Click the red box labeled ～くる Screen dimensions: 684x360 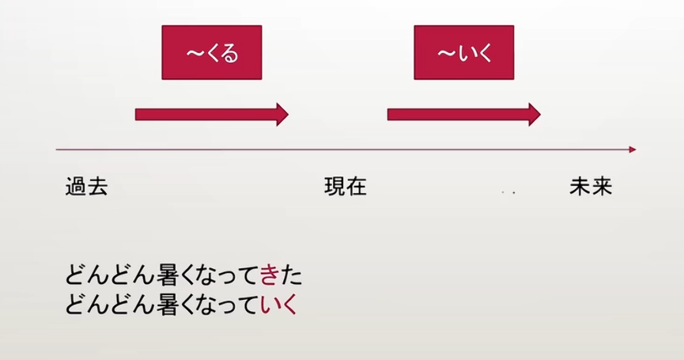[x=212, y=52]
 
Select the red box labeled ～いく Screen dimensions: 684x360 [x=463, y=52]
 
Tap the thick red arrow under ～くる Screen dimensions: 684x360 [x=212, y=115]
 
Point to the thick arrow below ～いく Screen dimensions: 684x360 [x=463, y=115]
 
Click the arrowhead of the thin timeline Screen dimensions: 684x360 [x=633, y=150]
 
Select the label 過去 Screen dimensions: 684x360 [x=86, y=186]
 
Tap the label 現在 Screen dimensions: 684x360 [x=346, y=186]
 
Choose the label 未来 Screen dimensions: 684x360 [x=591, y=186]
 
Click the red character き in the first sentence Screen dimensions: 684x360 [x=269, y=275]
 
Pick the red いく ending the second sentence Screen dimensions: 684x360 [x=278, y=304]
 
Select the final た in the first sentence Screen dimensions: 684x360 [x=291, y=276]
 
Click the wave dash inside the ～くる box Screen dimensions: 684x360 [x=195, y=53]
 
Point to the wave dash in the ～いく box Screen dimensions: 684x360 [x=446, y=53]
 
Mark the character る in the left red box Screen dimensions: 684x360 [x=230, y=54]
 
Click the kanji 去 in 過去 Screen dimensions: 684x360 [x=97, y=186]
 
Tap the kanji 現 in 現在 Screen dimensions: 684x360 [x=334, y=186]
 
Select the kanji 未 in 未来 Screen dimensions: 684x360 [x=580, y=186]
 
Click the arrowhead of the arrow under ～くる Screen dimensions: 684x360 [x=282, y=115]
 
